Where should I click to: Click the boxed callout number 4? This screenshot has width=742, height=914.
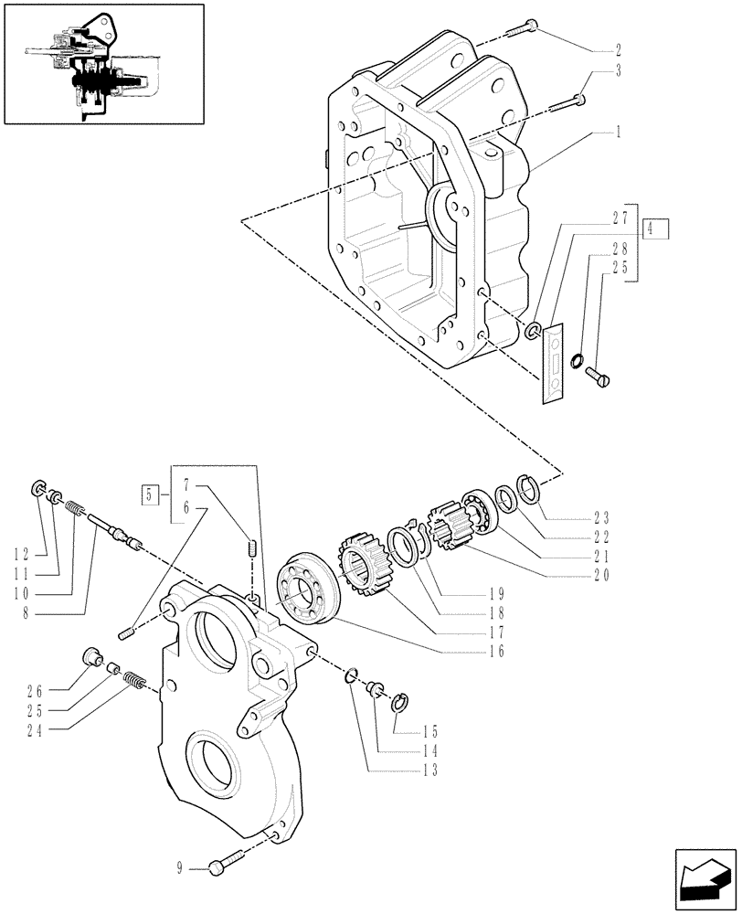tap(655, 229)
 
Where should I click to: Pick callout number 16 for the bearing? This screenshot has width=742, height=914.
tap(494, 652)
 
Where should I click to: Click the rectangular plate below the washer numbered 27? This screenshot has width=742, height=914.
tap(553, 364)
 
